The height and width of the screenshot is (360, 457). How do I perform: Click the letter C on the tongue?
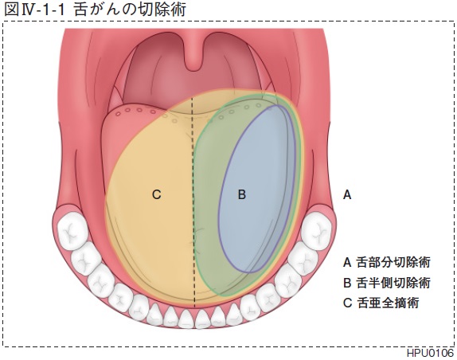pyautogui.click(x=157, y=194)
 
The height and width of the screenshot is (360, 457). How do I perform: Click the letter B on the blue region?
pyautogui.click(x=242, y=194)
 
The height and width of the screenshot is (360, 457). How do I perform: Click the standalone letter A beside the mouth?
pyautogui.click(x=347, y=194)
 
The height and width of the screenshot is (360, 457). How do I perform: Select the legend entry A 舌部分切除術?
pyautogui.click(x=386, y=262)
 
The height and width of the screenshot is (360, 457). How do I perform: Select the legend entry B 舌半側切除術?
pyautogui.click(x=386, y=283)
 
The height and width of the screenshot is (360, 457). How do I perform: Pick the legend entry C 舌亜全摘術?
pyautogui.click(x=381, y=303)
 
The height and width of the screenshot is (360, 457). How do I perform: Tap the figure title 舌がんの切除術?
pyautogui.click(x=130, y=10)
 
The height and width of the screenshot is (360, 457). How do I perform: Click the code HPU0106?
pyautogui.click(x=430, y=354)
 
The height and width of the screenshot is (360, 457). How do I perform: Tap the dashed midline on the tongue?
pyautogui.click(x=193, y=203)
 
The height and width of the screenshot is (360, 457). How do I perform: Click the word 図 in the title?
pyautogui.click(x=12, y=10)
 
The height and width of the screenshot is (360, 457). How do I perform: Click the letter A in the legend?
pyautogui.click(x=347, y=262)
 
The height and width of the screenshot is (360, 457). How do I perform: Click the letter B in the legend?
pyautogui.click(x=347, y=283)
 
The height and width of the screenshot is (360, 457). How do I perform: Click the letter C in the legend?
pyautogui.click(x=347, y=303)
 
